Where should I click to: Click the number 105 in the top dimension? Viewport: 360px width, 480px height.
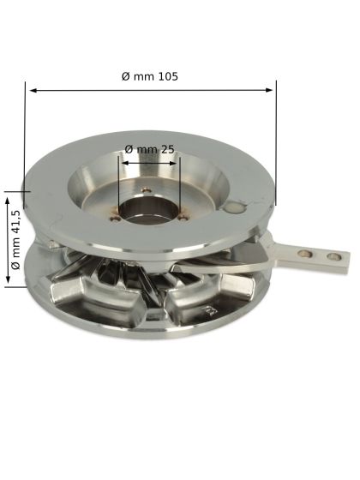[x=167, y=75]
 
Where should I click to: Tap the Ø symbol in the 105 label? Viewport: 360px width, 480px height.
[x=126, y=75]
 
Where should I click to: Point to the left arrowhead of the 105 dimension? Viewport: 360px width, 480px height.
[x=31, y=87]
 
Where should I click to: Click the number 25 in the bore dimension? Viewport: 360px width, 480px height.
[x=167, y=149]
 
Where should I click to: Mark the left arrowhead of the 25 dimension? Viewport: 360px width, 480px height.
[x=123, y=159]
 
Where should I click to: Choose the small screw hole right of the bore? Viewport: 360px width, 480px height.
[x=183, y=216]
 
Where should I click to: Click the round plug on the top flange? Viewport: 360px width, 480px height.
[x=235, y=207]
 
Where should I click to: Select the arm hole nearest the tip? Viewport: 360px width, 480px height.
[x=328, y=255]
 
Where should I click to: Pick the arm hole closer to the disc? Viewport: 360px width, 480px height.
[x=303, y=252]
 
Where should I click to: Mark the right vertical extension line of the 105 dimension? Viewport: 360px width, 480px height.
[x=276, y=146]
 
